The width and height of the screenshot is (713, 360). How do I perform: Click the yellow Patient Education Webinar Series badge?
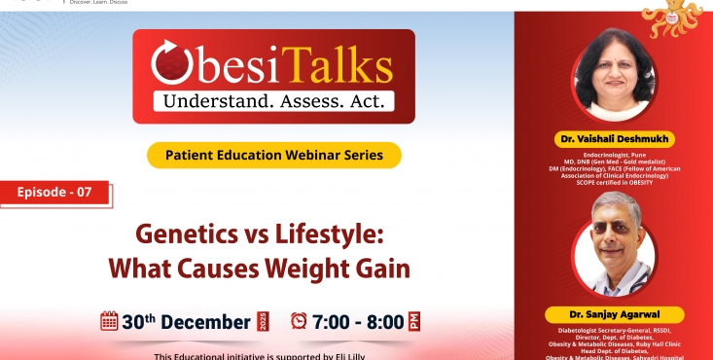tap(274, 155)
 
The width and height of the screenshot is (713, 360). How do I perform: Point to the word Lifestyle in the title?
tap(331, 236)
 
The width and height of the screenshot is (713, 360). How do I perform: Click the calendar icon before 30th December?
tap(110, 321)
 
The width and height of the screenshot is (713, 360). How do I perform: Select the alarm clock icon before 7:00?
tap(299, 321)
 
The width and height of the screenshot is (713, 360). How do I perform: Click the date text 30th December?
tap(186, 322)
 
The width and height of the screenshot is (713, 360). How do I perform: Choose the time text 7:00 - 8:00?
tap(358, 322)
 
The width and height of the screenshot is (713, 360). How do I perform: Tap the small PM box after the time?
tap(415, 321)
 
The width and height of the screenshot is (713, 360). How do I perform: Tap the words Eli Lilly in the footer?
tap(374, 355)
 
